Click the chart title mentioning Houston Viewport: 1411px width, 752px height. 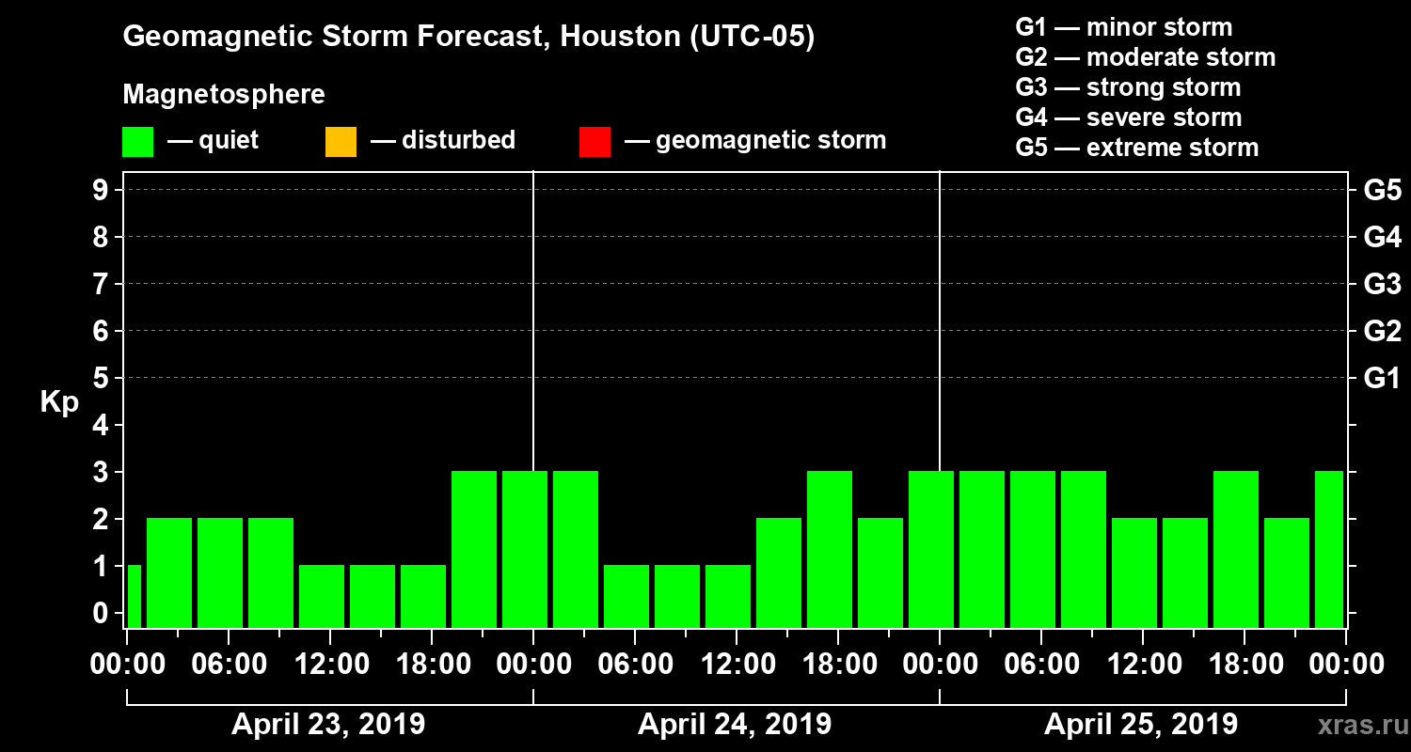[468, 37]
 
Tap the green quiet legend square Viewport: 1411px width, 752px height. [137, 142]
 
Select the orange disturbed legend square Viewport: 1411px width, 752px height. [341, 142]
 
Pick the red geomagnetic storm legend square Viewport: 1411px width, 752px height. [595, 142]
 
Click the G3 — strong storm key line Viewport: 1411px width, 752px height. [1128, 87]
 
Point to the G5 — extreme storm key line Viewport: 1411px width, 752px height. [1136, 148]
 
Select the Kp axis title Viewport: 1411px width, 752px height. [59, 402]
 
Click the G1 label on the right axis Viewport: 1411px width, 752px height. [1382, 378]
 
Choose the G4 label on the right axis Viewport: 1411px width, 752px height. [1382, 237]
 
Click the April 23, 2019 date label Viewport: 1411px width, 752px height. [328, 725]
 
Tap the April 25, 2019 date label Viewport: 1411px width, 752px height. [1141, 725]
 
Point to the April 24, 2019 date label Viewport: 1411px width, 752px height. [735, 725]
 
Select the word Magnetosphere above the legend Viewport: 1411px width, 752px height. [224, 95]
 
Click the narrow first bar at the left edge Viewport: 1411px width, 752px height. [134, 596]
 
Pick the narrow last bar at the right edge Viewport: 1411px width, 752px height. [1328, 549]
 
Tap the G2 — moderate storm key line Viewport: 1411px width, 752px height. [1145, 57]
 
